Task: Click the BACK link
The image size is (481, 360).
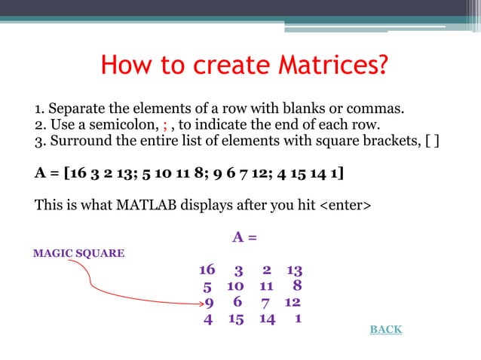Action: pyautogui.click(x=385, y=330)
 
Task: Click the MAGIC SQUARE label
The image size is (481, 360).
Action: pyautogui.click(x=79, y=253)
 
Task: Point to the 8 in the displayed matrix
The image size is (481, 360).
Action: pyautogui.click(x=297, y=286)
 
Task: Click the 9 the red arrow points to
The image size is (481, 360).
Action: pyautogui.click(x=210, y=303)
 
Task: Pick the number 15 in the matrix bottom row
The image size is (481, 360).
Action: pyautogui.click(x=235, y=319)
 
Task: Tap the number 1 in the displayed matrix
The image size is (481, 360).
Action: pyautogui.click(x=299, y=319)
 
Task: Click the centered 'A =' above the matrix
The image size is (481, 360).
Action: pyautogui.click(x=244, y=238)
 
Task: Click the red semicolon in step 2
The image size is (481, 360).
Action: pyautogui.click(x=165, y=124)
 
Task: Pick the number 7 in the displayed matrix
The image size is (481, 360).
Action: pyautogui.click(x=265, y=303)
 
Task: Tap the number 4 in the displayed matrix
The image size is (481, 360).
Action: pyautogui.click(x=208, y=319)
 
